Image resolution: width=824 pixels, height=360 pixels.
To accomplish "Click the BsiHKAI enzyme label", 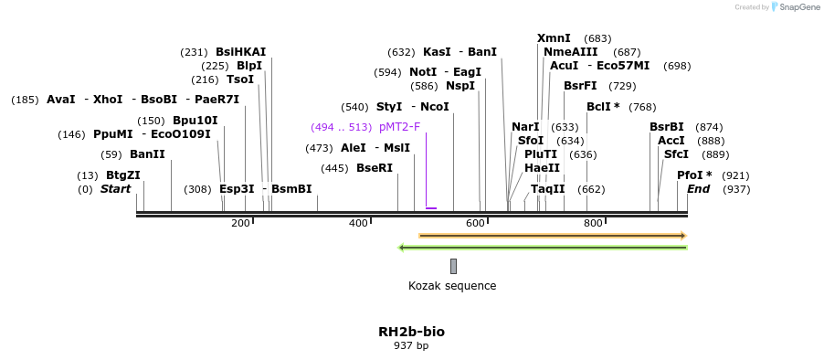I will point(241,52).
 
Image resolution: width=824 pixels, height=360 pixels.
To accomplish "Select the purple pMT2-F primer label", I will point(399,127).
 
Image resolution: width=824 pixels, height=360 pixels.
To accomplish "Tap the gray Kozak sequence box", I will point(453,266).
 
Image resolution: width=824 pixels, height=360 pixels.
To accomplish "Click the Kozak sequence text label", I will point(452,286).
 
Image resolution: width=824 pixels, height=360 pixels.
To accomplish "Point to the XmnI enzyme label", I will point(554,38).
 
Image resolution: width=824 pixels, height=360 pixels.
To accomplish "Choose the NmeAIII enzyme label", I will point(571,52).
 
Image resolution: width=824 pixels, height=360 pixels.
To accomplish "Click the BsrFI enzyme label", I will point(580,86).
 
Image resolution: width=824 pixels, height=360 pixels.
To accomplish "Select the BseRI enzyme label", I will point(375,168).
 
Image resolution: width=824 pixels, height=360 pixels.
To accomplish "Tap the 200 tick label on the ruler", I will point(240,224).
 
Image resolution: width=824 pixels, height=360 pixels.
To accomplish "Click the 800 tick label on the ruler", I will point(593,224).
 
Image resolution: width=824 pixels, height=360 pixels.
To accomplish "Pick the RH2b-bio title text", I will point(411,332).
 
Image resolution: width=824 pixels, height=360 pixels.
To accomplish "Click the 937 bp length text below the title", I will point(411,346).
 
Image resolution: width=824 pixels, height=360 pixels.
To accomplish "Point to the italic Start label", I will point(116,189).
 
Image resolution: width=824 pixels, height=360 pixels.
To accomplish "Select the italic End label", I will point(699,189).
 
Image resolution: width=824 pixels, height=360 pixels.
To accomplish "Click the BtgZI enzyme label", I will point(123,175).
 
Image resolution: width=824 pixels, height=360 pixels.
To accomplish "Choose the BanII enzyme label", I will point(147,154).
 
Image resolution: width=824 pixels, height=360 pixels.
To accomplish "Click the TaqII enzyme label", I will point(548,189).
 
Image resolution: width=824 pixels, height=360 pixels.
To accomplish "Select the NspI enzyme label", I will point(460,86).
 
